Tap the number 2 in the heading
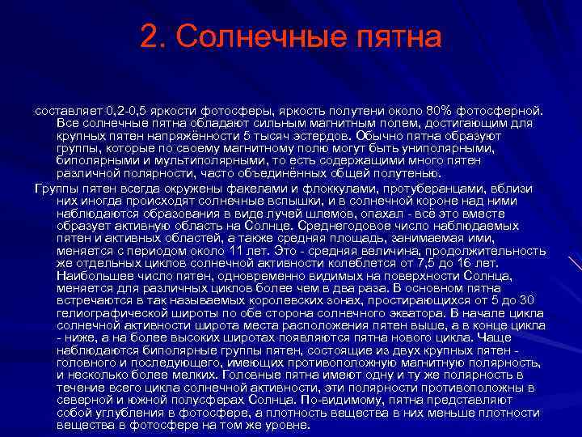pos(148,37)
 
